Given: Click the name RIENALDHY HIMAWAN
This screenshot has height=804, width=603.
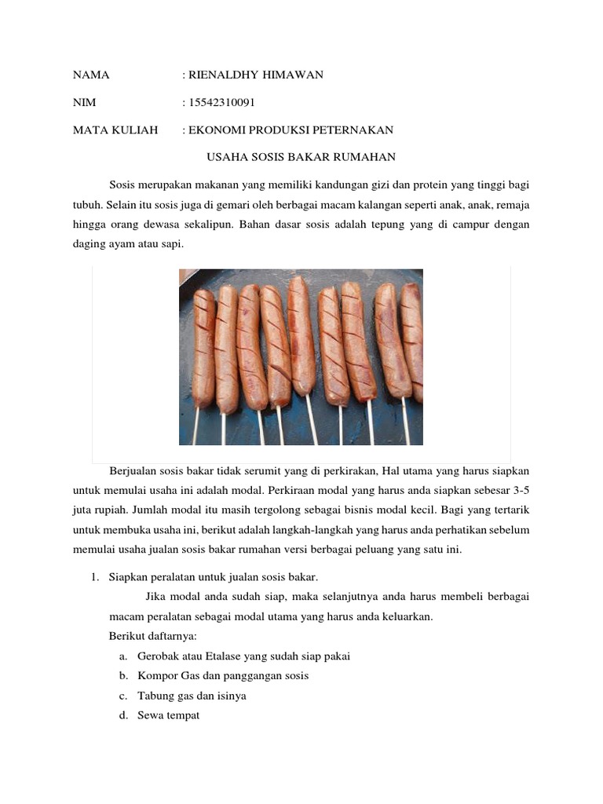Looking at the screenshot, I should coord(255,75).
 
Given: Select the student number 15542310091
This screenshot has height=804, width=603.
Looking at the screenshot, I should coord(221,103).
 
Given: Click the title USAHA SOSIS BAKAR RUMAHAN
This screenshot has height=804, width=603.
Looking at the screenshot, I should coord(301,158).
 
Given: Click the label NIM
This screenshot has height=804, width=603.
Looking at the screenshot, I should coord(84,103).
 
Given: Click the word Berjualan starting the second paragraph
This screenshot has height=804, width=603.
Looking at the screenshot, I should coord(133,471).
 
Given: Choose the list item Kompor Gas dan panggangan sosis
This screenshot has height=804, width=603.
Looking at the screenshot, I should coord(223,676).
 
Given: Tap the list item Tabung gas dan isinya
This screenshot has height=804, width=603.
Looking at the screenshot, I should coord(192,696).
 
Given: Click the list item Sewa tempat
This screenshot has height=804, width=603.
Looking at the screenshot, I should coord(168,715).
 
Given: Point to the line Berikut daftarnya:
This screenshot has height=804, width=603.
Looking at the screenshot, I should coord(147,637).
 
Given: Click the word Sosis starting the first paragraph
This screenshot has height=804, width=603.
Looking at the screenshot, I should coord(123,185).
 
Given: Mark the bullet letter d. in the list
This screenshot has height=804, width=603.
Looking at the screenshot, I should coord(124,715).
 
